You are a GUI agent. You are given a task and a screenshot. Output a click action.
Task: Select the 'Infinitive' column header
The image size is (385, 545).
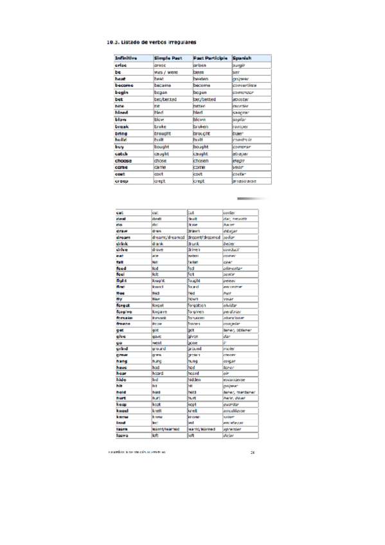point(125,58)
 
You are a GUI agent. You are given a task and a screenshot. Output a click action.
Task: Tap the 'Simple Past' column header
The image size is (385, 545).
point(169,58)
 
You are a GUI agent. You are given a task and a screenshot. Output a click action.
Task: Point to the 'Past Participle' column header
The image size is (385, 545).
point(211,58)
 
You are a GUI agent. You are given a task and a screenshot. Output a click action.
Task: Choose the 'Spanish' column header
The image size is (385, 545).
point(246,58)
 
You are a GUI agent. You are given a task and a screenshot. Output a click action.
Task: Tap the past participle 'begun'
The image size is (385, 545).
point(201,93)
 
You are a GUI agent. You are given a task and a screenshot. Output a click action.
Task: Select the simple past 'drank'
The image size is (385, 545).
point(160,245)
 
